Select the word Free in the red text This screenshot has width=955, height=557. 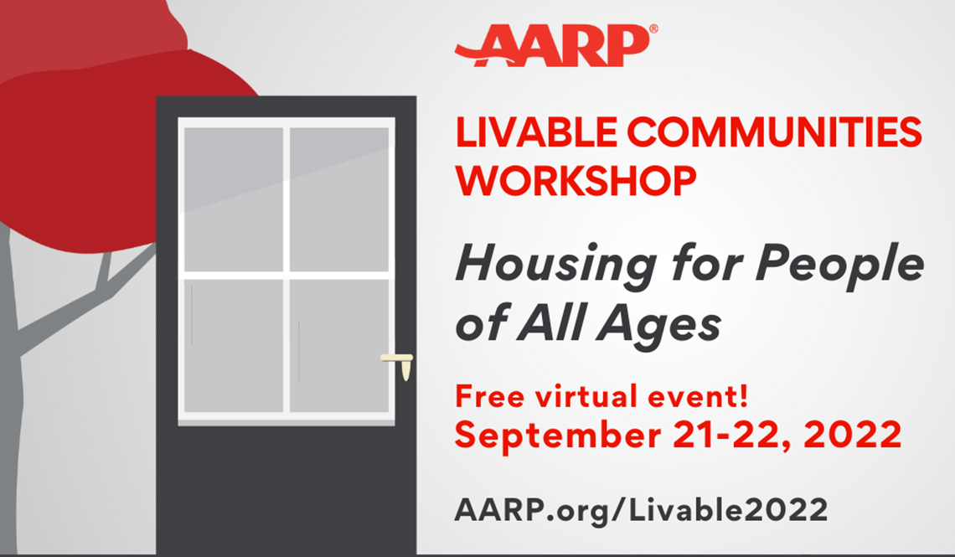(x=488, y=395)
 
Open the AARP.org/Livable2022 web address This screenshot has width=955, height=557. (x=641, y=508)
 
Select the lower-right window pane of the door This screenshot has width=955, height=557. (x=339, y=345)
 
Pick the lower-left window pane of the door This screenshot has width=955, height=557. (x=234, y=345)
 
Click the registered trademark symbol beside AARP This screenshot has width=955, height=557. (x=653, y=28)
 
